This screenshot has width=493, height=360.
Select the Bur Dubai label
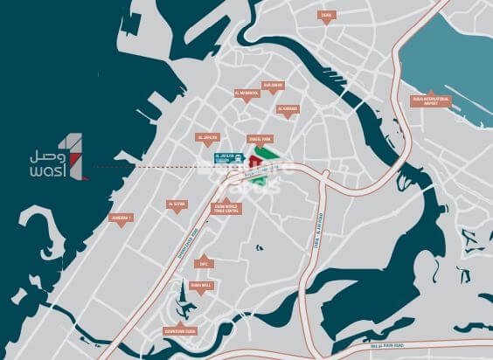point(272,85)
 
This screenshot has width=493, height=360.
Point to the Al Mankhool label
point(247,92)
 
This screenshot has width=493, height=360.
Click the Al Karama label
point(288,109)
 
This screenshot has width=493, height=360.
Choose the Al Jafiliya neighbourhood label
point(208,137)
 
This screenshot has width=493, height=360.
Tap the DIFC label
point(204,263)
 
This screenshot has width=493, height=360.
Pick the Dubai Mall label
point(200,285)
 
